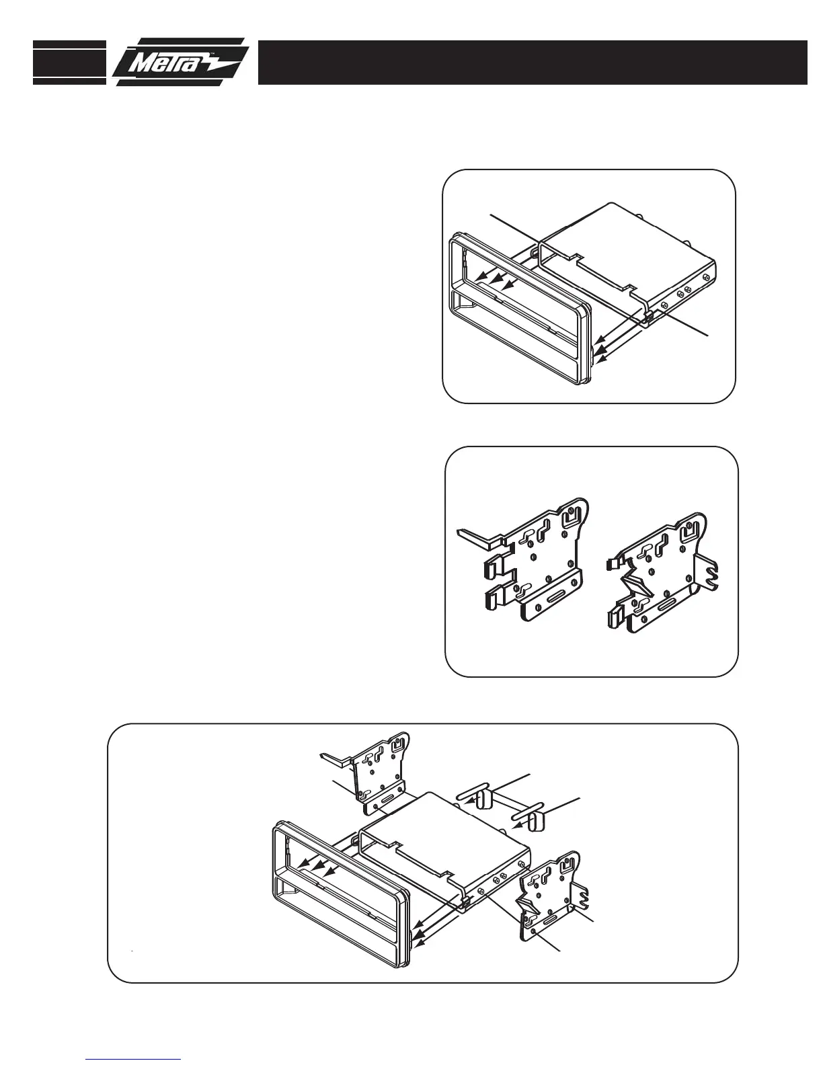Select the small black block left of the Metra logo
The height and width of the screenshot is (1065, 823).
coord(69,63)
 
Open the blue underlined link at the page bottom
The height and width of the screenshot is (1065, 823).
coord(134,1059)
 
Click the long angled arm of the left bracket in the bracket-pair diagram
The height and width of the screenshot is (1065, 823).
coord(479,535)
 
